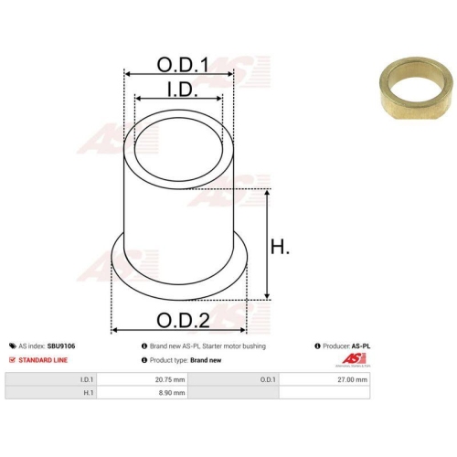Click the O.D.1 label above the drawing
point(183,65)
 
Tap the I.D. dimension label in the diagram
point(183,90)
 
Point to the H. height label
point(280,247)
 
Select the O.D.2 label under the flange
point(183,320)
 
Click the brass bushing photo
point(416,88)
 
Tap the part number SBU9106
point(61,346)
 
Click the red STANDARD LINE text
point(43,360)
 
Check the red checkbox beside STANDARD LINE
point(12,360)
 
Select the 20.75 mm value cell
point(143,379)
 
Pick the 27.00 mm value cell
point(324,379)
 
